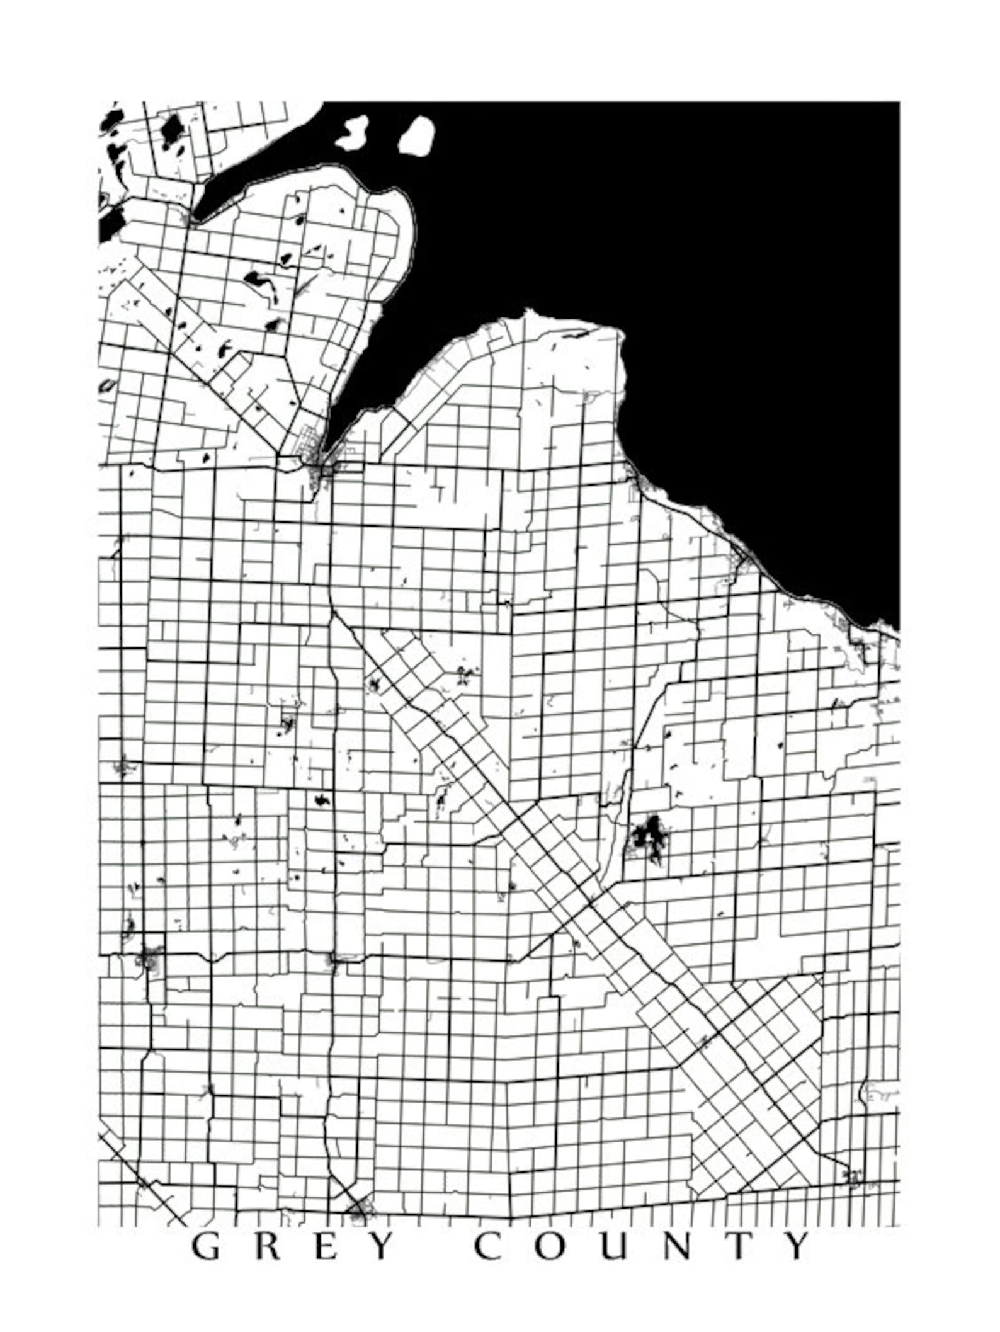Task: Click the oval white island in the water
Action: [416, 135]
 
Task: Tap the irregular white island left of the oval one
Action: [353, 132]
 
